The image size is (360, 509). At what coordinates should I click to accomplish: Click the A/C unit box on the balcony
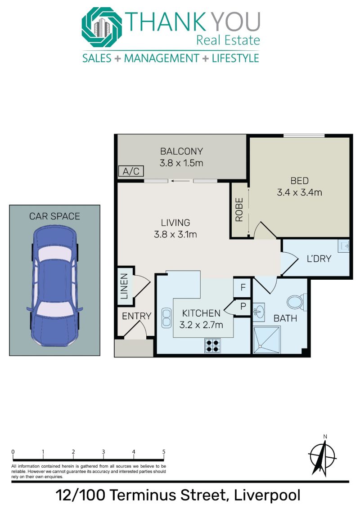(x=130, y=171)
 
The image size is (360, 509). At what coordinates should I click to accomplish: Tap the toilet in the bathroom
(x=297, y=302)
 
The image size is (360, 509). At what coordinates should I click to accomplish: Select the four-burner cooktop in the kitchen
(x=212, y=345)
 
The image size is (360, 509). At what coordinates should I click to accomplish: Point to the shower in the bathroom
(x=266, y=340)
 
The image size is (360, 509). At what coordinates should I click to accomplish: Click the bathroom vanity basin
(x=258, y=312)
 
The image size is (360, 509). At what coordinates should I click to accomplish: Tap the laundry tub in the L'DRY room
(x=343, y=246)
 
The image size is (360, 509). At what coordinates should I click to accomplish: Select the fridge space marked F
(x=243, y=287)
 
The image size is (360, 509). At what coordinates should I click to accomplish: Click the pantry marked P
(x=243, y=306)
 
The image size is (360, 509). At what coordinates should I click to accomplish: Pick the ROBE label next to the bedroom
(x=239, y=210)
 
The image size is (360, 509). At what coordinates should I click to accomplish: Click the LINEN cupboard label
(x=124, y=286)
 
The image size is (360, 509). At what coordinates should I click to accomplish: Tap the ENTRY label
(x=136, y=316)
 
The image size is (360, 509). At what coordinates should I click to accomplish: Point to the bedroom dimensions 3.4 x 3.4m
(x=299, y=192)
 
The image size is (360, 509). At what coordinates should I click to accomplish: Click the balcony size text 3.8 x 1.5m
(x=181, y=163)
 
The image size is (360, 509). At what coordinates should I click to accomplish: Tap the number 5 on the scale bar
(x=164, y=451)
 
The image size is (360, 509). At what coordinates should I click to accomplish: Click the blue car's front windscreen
(x=54, y=254)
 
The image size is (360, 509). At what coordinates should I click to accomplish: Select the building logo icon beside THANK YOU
(x=102, y=27)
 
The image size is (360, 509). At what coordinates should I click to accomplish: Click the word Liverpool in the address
(x=267, y=496)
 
